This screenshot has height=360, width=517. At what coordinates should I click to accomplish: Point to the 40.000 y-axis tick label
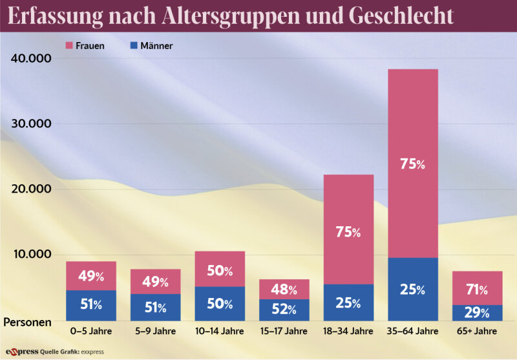pyautogui.click(x=31, y=58)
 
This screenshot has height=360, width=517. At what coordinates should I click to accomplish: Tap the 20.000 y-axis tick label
pyautogui.click(x=31, y=189)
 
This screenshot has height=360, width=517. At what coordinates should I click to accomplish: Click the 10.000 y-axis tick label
pyautogui.click(x=31, y=255)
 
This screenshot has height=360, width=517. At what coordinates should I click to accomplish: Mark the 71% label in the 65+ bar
pyautogui.click(x=478, y=289)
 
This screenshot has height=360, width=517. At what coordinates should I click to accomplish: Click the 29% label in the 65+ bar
pyautogui.click(x=478, y=313)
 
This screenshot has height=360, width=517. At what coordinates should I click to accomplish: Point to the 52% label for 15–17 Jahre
pyautogui.click(x=284, y=310)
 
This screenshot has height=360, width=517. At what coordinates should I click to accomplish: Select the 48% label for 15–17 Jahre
pyautogui.click(x=284, y=290)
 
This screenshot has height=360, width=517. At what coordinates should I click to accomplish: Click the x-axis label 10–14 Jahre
pyautogui.click(x=220, y=332)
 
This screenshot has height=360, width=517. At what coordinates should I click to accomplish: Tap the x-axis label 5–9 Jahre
pyautogui.click(x=155, y=332)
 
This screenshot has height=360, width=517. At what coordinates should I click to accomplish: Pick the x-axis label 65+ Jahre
pyautogui.click(x=478, y=332)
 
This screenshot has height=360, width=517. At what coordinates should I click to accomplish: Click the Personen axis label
pyautogui.click(x=30, y=321)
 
